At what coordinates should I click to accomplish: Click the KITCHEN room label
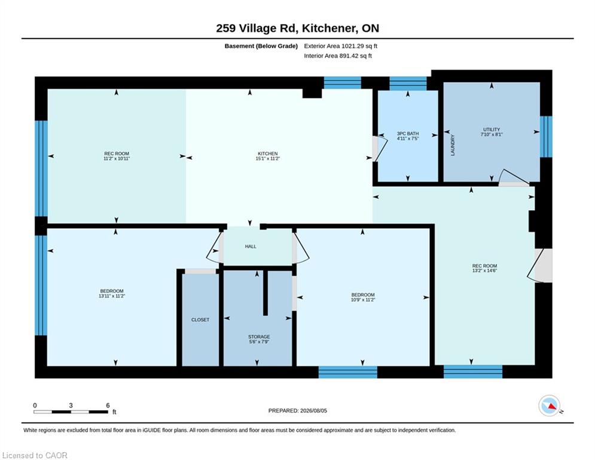(267, 153)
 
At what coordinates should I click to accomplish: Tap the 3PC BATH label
(408, 134)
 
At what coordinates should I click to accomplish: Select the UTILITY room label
(492, 129)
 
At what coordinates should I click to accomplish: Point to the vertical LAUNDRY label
(452, 145)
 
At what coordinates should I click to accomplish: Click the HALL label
(251, 246)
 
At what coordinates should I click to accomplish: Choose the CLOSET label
(200, 320)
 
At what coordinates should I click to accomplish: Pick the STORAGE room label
(259, 337)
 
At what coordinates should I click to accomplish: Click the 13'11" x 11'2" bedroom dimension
(112, 296)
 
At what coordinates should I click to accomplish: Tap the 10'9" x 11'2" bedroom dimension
(363, 299)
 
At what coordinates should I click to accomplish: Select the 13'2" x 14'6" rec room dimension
(484, 271)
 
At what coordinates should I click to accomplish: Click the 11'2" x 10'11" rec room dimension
(117, 159)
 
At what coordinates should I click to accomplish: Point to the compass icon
(549, 405)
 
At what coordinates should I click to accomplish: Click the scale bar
(71, 411)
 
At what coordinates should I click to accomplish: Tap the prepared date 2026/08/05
(313, 410)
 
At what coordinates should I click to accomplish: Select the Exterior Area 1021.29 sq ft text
(340, 46)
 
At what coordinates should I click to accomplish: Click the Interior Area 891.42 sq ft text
(338, 56)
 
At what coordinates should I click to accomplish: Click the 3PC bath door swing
(380, 149)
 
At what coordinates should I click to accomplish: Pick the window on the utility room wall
(546, 137)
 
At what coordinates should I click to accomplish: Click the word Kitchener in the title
(329, 29)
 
